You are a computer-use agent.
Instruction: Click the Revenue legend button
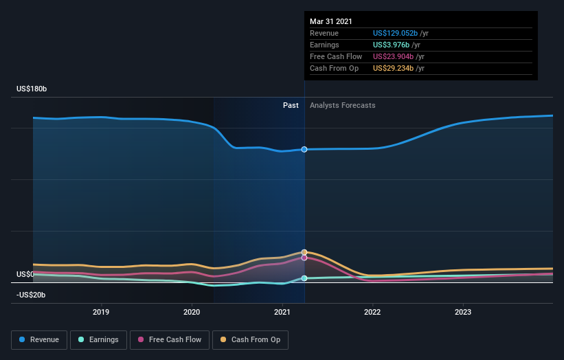tap(40, 339)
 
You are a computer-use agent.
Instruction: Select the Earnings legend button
tap(98, 339)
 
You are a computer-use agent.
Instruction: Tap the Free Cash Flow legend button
tap(169, 339)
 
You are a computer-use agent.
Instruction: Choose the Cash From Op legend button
tap(251, 339)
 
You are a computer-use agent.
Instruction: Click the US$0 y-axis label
tap(25, 274)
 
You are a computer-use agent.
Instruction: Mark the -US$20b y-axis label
tap(31, 295)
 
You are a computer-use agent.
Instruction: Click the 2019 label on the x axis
tap(102, 311)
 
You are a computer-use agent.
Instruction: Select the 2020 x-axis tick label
tap(192, 311)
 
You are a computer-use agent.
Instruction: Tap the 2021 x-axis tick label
tap(282, 311)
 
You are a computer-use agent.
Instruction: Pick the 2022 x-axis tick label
tap(372, 311)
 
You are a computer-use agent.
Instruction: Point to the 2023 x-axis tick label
tap(463, 311)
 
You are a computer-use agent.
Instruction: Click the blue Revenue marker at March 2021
tap(304, 149)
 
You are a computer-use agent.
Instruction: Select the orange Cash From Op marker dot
tap(304, 252)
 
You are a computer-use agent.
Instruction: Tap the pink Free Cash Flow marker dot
tap(304, 258)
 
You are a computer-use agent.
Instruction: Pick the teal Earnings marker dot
tap(304, 278)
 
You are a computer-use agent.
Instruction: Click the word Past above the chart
tap(291, 105)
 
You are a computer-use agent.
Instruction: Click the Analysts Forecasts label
tap(343, 105)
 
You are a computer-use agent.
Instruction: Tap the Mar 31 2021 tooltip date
tap(331, 21)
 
